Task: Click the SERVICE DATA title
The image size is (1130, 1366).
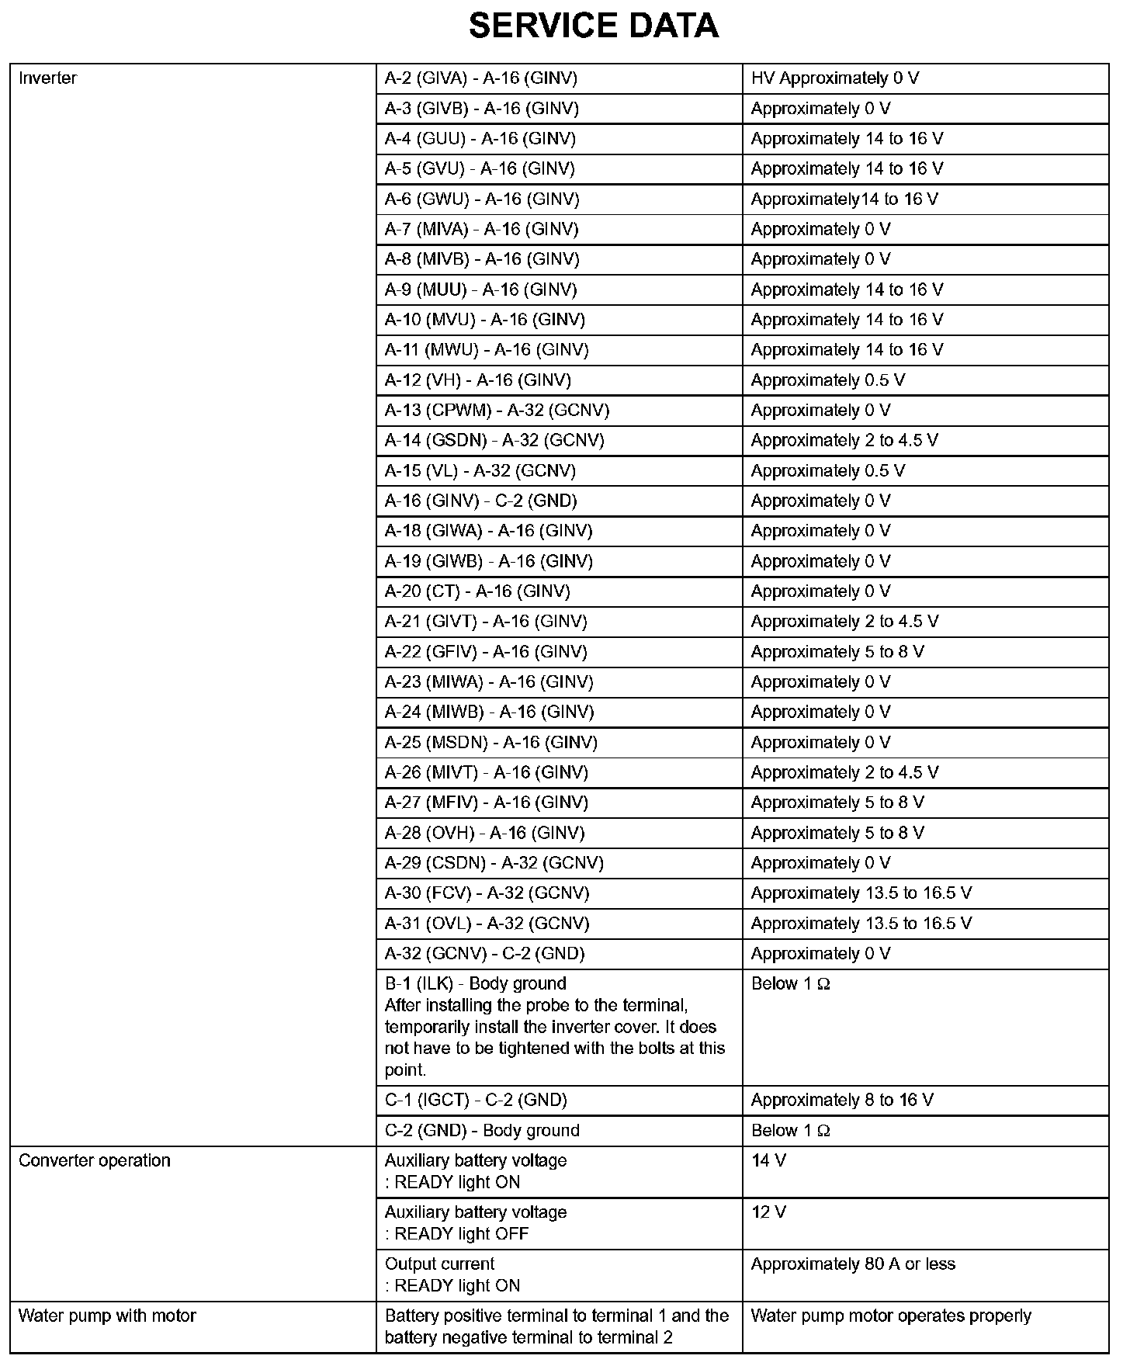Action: click(594, 26)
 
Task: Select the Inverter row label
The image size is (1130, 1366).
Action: click(47, 78)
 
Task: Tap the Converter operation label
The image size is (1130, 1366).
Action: click(94, 1160)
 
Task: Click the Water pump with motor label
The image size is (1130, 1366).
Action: click(107, 1316)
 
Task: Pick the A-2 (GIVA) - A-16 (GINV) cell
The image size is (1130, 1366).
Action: click(481, 78)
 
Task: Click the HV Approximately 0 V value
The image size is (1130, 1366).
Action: click(835, 78)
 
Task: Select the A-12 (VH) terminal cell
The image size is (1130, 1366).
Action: click(478, 380)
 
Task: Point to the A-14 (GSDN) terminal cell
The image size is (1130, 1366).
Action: click(494, 441)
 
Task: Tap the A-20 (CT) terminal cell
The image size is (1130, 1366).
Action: click(477, 591)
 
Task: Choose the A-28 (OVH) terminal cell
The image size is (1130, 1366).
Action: click(485, 833)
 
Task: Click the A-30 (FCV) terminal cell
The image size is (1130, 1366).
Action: click(487, 893)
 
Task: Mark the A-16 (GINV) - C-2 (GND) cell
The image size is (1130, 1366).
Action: click(481, 501)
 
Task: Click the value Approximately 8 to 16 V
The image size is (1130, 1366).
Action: click(842, 1100)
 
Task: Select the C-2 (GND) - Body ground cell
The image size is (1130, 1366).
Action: click(482, 1130)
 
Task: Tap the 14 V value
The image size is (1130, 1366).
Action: click(768, 1160)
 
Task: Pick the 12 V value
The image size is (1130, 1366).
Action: click(768, 1212)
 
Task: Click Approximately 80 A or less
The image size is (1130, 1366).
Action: click(853, 1264)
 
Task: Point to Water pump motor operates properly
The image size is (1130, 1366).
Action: click(891, 1316)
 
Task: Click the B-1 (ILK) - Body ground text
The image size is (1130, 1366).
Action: click(475, 983)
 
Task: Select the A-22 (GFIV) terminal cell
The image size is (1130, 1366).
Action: click(486, 652)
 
